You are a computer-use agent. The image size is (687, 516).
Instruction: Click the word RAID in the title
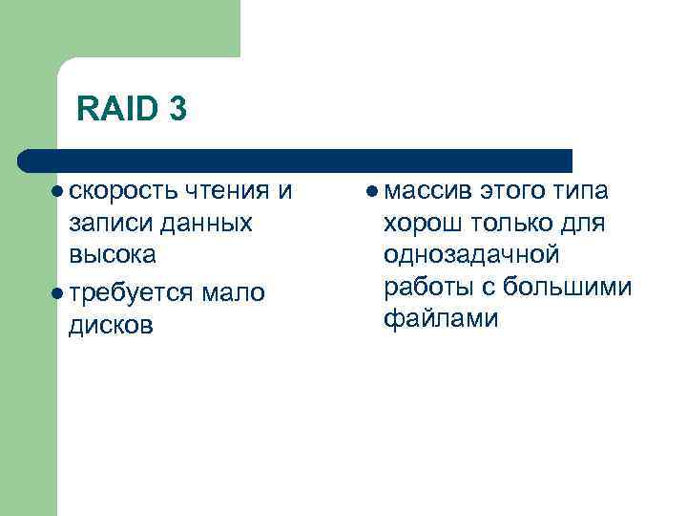click(115, 110)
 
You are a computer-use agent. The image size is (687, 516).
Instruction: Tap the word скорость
click(120, 191)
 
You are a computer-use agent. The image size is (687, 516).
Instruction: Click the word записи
click(105, 224)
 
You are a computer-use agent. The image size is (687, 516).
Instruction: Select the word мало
click(233, 292)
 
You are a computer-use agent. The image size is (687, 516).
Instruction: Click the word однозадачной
click(470, 255)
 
